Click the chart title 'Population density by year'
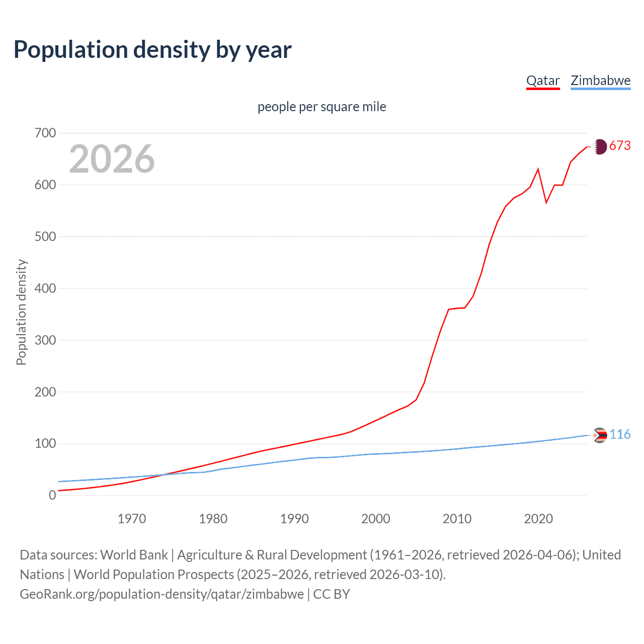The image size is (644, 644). tap(152, 50)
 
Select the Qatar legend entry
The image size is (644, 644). tap(543, 81)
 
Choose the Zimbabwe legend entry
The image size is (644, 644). tap(600, 81)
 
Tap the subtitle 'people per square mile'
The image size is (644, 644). tap(321, 107)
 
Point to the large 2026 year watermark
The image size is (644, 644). tap(112, 159)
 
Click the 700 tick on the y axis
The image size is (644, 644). tap(45, 133)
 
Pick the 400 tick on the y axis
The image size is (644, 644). tap(45, 288)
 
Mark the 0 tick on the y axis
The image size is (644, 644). tap(52, 495)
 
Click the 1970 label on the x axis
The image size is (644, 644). tap(132, 519)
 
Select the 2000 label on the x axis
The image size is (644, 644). tap(375, 519)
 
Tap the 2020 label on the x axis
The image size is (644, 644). tap(538, 519)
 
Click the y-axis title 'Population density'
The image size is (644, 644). tap(21, 312)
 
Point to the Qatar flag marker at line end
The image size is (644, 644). tap(599, 146)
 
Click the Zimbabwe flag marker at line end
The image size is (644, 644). tap(600, 435)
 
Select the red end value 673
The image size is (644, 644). tap(620, 146)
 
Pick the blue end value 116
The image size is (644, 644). tap(620, 435)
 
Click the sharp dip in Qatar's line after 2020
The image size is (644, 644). tap(546, 202)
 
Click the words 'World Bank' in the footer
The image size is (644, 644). tap(134, 555)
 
